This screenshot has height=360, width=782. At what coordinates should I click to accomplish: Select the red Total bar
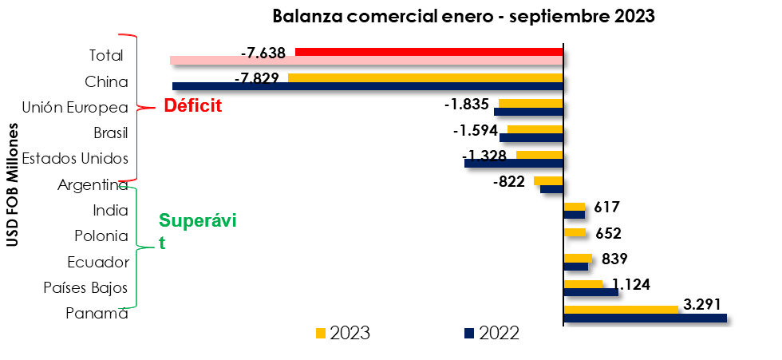pyautogui.click(x=429, y=52)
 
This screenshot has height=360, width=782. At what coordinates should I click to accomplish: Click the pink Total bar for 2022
pyautogui.click(x=366, y=61)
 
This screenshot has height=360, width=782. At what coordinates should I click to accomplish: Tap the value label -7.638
pyautogui.click(x=263, y=53)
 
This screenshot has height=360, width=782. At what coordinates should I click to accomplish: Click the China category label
pyautogui.click(x=106, y=81)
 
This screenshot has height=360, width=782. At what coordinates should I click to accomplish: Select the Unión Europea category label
pyautogui.click(x=75, y=107)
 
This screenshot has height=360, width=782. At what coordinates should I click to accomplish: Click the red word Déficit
pyautogui.click(x=192, y=106)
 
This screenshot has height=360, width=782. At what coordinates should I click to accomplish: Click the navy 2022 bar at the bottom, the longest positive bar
pyautogui.click(x=645, y=318)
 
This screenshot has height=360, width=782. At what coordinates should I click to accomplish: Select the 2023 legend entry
pyautogui.click(x=343, y=333)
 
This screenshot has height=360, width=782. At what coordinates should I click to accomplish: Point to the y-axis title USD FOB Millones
pyautogui.click(x=13, y=184)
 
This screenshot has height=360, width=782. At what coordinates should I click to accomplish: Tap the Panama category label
pyautogui.click(x=97, y=313)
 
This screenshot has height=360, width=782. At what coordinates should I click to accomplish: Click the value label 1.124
pyautogui.click(x=631, y=283)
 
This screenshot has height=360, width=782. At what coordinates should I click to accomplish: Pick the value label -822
pyautogui.click(x=509, y=181)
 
